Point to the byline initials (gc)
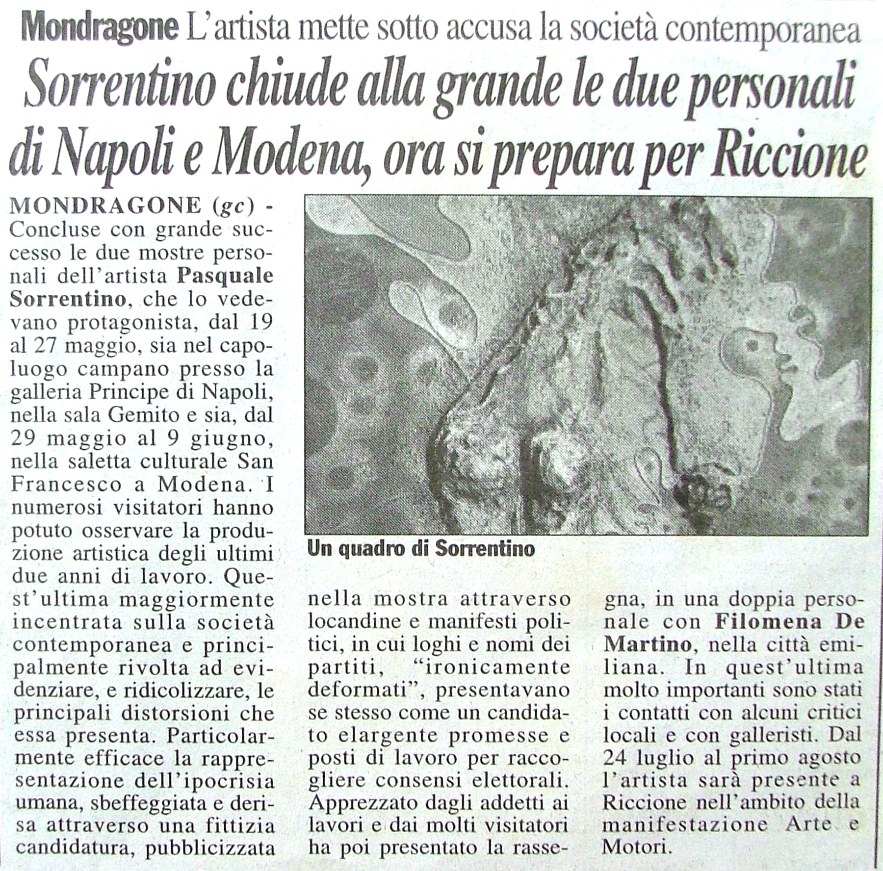click(x=234, y=207)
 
